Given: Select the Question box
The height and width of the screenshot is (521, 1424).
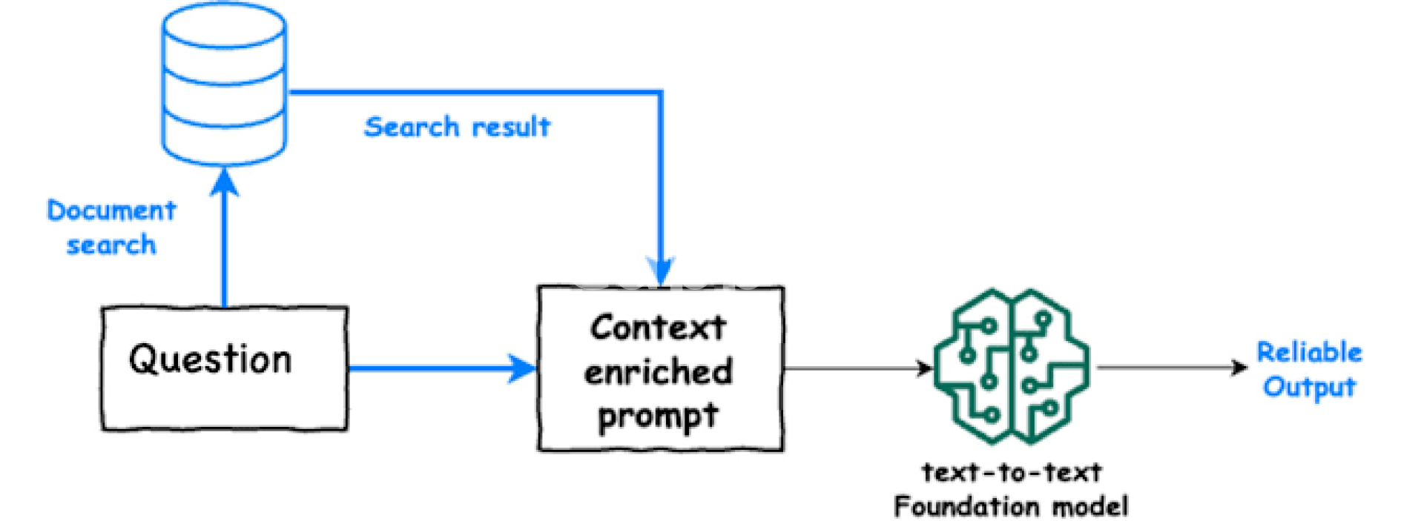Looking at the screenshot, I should pos(224,368).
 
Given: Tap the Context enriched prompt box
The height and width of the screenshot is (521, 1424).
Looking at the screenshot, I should pos(660,368).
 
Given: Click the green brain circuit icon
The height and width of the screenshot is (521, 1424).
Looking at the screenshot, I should pos(1011,366).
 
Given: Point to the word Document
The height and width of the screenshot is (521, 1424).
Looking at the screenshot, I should pos(111,210).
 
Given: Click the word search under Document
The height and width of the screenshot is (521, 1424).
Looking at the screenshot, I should pos(111,245).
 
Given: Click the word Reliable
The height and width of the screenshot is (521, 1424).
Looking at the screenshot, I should pos(1309,352).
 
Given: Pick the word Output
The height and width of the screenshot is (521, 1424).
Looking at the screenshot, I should pos(1309,387).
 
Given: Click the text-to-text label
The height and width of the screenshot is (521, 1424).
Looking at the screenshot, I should pos(1011,472).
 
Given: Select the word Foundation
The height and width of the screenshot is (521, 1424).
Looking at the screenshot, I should pos(957,507).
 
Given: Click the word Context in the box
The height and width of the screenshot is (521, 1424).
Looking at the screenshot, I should pos(658,328).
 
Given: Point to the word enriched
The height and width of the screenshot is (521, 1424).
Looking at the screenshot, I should pos(658,371).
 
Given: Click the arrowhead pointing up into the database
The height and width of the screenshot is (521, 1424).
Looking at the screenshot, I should pos(224,181).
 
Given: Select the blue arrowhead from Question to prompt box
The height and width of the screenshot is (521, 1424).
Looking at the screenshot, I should pos(522,368).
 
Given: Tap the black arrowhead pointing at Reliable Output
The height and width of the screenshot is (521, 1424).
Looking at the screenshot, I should pos(1239,367).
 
